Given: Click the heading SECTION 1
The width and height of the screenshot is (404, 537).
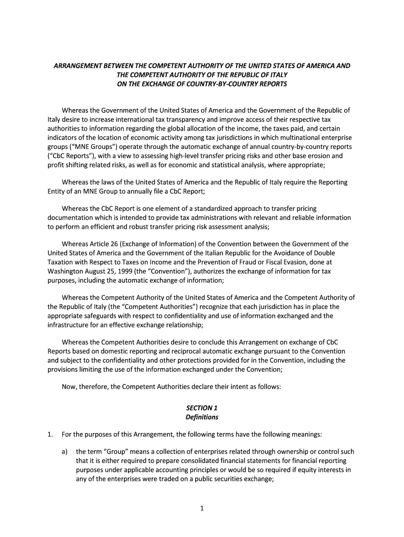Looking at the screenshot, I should click(x=202, y=407).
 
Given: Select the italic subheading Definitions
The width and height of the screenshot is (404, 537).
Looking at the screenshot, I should click(x=202, y=417).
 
